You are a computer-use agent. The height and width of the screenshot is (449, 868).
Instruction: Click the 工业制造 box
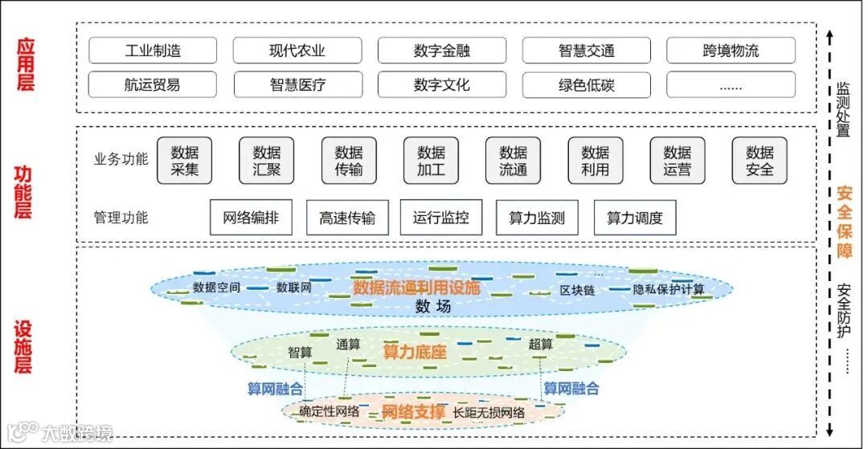point(153,51)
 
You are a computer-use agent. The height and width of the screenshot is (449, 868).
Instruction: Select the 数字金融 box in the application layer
point(442,51)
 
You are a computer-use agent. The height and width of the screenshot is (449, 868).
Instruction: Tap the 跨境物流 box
point(731,51)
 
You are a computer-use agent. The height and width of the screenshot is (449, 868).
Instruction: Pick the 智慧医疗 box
point(297,84)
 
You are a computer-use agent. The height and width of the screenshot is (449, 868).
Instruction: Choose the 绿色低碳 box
point(586,84)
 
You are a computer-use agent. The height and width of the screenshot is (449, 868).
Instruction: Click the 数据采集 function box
point(184,161)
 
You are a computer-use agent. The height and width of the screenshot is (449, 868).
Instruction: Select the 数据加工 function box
point(431,161)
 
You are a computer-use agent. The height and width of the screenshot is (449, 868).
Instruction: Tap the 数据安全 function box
point(759,161)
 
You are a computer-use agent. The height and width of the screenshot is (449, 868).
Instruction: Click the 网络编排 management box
point(251,218)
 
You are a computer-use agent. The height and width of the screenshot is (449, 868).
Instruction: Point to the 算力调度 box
point(634,218)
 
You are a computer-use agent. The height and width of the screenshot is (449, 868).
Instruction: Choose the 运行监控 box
point(441,218)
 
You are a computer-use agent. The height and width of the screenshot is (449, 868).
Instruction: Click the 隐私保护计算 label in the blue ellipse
point(669,289)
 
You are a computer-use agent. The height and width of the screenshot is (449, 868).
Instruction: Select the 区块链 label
point(578,290)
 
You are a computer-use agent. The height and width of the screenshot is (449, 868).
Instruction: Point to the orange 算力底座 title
point(414,351)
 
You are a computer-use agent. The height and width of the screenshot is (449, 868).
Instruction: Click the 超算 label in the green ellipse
point(541,344)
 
